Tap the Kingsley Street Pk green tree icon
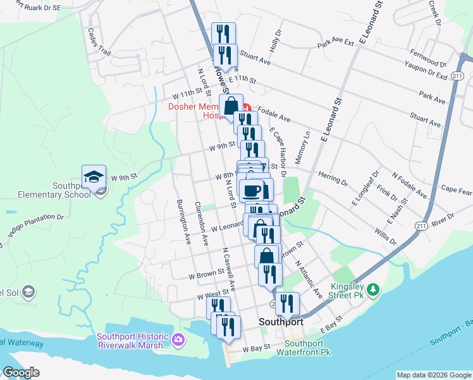pyautogui.click(x=374, y=289)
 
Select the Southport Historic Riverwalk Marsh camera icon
pyautogui.click(x=178, y=340)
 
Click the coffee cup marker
pyautogui.click(x=252, y=191)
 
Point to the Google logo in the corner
pyautogui.click(x=21, y=372)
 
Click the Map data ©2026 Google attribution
pyautogui.click(x=434, y=375)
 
